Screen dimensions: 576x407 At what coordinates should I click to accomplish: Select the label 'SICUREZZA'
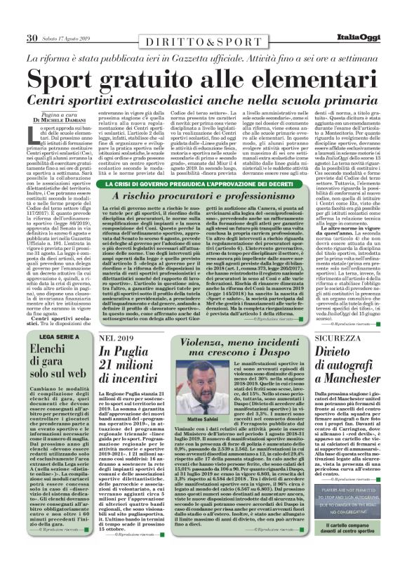pos(342,339)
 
